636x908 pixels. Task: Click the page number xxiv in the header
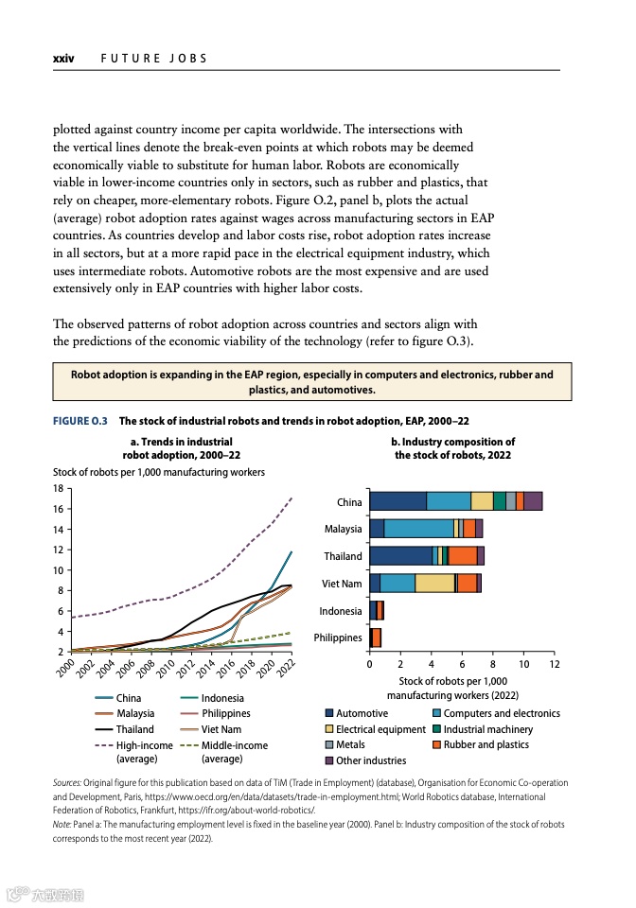pos(63,59)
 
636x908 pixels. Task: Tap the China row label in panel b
pos(349,502)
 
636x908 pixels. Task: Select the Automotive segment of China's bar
pos(397,501)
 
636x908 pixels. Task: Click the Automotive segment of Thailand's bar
pos(400,556)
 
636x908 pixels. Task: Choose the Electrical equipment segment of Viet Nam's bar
pos(434,584)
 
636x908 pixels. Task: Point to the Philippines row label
pos(338,637)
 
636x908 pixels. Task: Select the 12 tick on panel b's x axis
pos(555,665)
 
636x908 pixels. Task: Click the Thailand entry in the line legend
pos(134,729)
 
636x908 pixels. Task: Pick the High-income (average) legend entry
pos(144,745)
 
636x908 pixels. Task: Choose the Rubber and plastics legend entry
pos(487,744)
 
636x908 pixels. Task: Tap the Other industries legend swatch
pos(329,760)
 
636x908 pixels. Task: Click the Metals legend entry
pos(350,744)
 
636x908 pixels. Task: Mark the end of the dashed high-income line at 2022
pos(291,498)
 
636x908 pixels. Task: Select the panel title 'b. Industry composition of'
pos(452,442)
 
